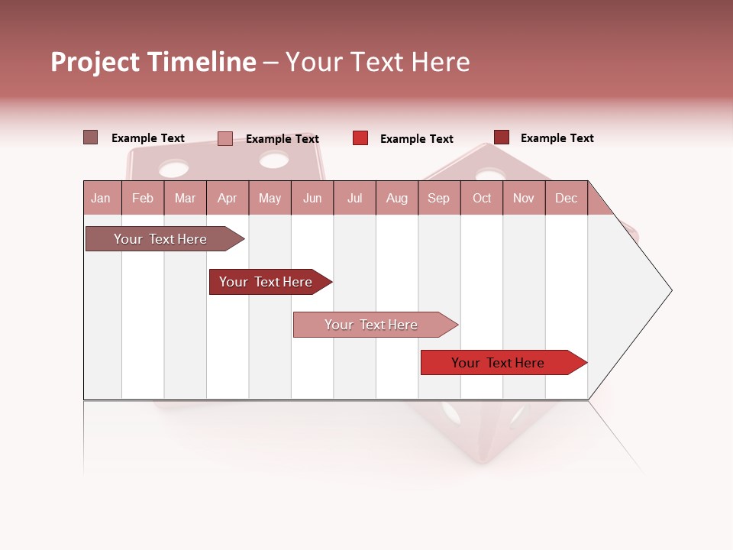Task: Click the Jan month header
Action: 101,198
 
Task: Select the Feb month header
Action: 143,198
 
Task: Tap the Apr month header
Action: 227,198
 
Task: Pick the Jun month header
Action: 312,198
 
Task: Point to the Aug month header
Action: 396,198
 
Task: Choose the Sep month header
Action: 438,198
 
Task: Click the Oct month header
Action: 482,198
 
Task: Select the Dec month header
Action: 566,198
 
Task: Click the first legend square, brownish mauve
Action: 90,137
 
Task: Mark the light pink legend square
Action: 224,138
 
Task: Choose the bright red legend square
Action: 360,138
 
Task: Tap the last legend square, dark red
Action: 501,137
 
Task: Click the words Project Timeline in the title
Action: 153,62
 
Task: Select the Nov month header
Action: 524,198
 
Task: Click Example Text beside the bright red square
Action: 416,139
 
